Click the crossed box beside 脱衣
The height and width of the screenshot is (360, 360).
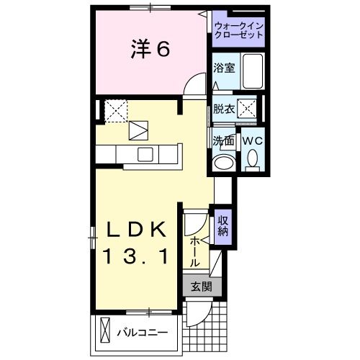click(248, 109)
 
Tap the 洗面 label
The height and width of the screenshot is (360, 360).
click(222, 140)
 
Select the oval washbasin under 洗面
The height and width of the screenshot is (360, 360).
click(225, 161)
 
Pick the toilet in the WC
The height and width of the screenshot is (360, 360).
click(252, 158)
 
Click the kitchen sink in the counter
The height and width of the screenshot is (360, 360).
click(145, 153)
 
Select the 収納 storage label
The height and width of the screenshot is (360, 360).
click(223, 226)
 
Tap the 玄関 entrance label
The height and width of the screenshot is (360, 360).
click(201, 286)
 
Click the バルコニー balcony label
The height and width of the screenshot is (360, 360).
click(143, 333)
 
